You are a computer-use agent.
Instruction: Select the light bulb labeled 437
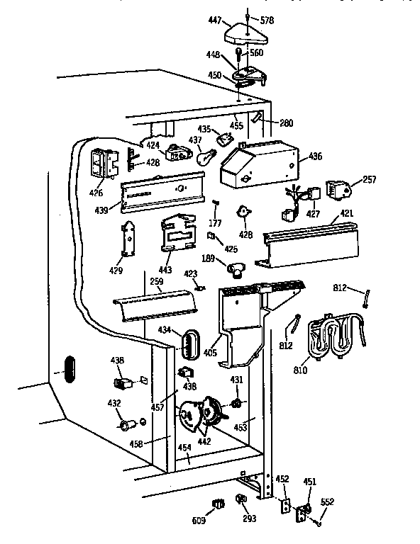pos(205,157)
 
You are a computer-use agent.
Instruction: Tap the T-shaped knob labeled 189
pos(236,268)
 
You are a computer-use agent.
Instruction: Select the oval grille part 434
pos(188,344)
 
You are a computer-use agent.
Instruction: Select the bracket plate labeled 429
pos(129,241)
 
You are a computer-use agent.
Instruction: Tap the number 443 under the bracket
pos(164,271)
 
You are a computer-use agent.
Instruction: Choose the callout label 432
pos(114,402)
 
